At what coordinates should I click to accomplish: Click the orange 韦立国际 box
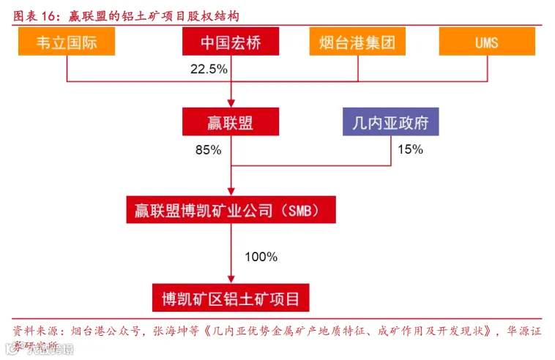[67, 42]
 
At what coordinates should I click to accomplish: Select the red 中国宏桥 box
[231, 42]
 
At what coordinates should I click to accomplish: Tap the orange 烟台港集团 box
[357, 42]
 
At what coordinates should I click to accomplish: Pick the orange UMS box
[487, 42]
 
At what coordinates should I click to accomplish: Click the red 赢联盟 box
[231, 121]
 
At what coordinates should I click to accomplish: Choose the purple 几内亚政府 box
[391, 121]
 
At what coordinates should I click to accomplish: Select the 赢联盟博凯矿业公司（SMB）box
[231, 211]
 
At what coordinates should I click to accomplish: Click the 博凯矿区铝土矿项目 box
[231, 298]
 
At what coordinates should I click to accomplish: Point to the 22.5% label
[209, 70]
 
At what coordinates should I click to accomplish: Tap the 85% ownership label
[208, 150]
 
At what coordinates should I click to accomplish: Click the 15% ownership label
[410, 150]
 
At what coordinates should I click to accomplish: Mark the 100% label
[261, 257]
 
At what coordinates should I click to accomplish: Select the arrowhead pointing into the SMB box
[231, 192]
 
